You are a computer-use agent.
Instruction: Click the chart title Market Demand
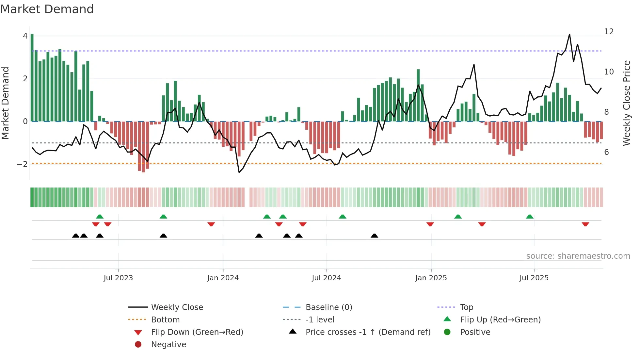click(47, 9)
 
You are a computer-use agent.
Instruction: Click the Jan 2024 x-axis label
click(223, 278)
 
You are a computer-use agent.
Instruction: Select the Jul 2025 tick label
click(534, 278)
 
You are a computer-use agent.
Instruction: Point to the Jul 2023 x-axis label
click(118, 278)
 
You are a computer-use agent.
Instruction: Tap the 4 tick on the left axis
click(25, 36)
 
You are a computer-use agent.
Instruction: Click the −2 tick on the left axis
click(22, 164)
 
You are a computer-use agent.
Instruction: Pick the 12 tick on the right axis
click(609, 32)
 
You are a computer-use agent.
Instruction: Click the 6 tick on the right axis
click(606, 152)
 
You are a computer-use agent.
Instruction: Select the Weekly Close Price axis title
click(626, 103)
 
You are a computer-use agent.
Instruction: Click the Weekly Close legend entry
click(177, 307)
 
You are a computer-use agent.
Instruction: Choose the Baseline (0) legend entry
click(328, 307)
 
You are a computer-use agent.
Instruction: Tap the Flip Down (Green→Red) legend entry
click(197, 332)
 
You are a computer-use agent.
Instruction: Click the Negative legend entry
click(168, 344)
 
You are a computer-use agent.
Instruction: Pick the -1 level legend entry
click(320, 319)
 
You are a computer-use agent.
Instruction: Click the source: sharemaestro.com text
click(578, 256)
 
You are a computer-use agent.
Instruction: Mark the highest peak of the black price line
click(569, 35)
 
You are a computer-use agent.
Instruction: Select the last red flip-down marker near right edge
click(585, 224)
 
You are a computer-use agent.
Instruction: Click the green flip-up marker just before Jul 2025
click(530, 217)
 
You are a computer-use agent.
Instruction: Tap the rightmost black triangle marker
click(375, 236)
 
